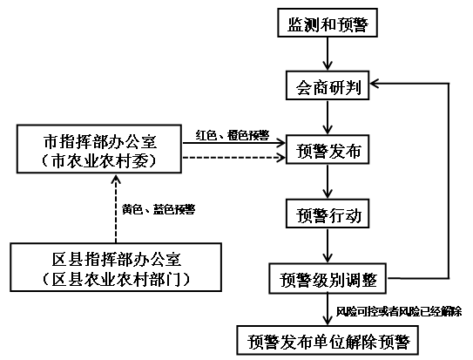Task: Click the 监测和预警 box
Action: (x=328, y=23)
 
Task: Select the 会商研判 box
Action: (x=328, y=85)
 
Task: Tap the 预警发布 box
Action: (x=328, y=149)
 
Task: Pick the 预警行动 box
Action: (x=328, y=214)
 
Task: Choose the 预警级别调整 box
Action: (x=328, y=279)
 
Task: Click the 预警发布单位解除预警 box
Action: (x=328, y=340)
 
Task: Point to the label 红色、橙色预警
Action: (x=233, y=135)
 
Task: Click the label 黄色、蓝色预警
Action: (x=159, y=209)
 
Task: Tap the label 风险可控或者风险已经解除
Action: (x=399, y=311)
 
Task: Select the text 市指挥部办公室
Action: (x=100, y=141)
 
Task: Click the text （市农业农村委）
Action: (x=99, y=161)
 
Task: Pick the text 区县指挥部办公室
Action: (x=117, y=259)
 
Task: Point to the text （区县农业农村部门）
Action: (x=116, y=279)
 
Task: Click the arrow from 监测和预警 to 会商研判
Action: (x=328, y=54)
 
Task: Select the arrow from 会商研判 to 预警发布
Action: (x=328, y=118)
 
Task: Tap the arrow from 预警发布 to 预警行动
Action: (x=328, y=181)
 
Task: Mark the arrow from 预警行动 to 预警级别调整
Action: (x=328, y=246)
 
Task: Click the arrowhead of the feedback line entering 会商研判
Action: (x=374, y=84)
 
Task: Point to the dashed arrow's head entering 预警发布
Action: (x=281, y=157)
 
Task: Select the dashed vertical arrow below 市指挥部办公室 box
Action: (x=116, y=208)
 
